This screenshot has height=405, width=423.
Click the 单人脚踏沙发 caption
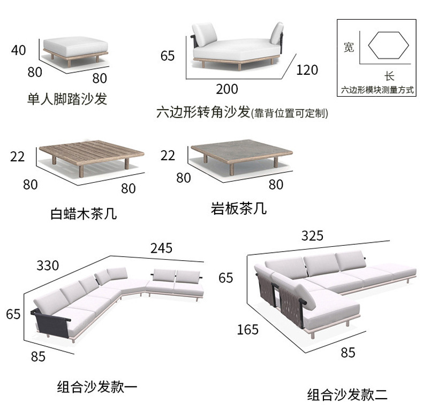[x=67, y=99]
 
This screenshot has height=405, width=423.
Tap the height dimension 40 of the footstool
[x=18, y=50]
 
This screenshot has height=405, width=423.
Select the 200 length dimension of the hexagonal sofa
[x=227, y=89]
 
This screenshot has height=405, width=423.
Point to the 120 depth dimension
[x=306, y=69]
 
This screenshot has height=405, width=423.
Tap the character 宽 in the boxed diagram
[x=349, y=48]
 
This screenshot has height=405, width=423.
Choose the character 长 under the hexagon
[x=389, y=76]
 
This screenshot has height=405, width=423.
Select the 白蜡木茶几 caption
[x=84, y=214]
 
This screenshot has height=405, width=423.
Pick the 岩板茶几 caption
[x=238, y=208]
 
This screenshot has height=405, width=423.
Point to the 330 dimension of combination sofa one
[x=47, y=265]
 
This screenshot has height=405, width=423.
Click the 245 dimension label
[x=161, y=248]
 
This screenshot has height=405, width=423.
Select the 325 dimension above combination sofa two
[x=313, y=236]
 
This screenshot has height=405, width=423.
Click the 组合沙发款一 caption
[x=97, y=387]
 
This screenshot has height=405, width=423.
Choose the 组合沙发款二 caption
[x=346, y=395]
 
